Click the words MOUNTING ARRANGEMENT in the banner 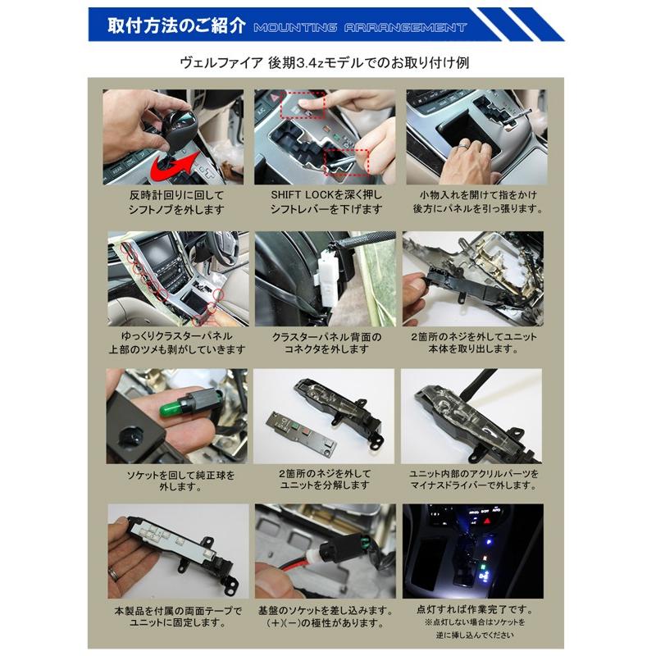[x=360, y=28]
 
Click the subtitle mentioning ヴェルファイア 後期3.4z [x=327, y=62]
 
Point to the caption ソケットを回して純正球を [x=175, y=474]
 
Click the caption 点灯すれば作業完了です [x=475, y=610]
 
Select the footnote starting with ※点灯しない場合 [x=473, y=623]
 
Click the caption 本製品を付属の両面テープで [x=175, y=610]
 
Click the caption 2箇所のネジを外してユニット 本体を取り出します [x=475, y=343]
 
